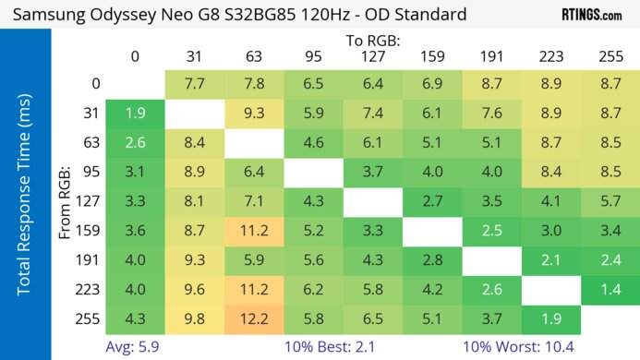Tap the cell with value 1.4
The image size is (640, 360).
coord(610,291)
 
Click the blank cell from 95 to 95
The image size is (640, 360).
coord(313,173)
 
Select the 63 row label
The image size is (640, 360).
coord(90,143)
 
